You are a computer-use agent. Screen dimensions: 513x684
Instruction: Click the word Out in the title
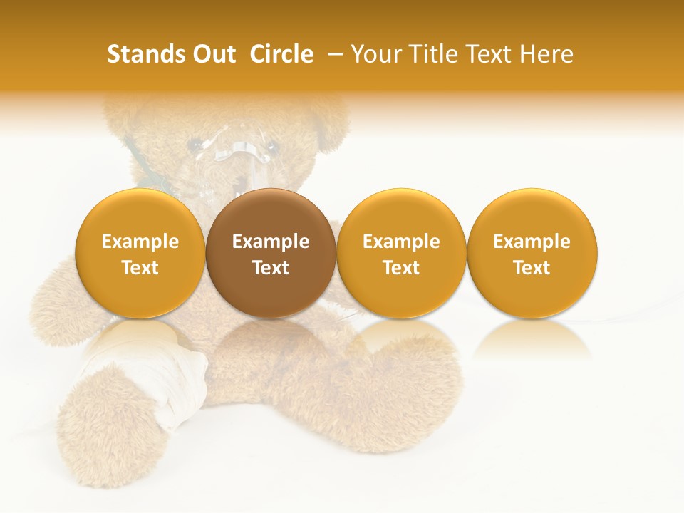pyautogui.click(x=213, y=54)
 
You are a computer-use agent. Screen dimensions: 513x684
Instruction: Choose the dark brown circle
pyautogui.click(x=271, y=253)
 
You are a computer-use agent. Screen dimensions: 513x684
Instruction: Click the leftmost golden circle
pyautogui.click(x=140, y=253)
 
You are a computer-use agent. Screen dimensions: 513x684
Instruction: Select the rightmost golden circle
pyautogui.click(x=532, y=253)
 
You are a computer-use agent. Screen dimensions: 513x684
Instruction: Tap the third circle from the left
pyautogui.click(x=401, y=253)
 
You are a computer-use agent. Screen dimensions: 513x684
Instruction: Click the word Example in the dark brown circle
pyautogui.click(x=271, y=242)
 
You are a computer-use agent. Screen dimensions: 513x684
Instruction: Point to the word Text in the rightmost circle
pyautogui.click(x=532, y=268)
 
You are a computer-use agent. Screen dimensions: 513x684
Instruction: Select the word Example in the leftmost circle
pyautogui.click(x=140, y=242)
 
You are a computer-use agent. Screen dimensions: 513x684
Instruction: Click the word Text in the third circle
pyautogui.click(x=401, y=268)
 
